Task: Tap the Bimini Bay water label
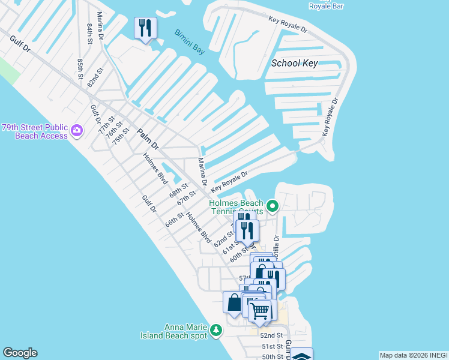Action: [190, 42]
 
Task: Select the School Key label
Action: [294, 63]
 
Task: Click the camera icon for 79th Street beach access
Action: [77, 130]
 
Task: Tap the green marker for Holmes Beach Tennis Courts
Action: [273, 207]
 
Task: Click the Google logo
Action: [20, 353]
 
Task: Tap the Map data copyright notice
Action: [414, 355]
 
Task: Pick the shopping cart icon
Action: [259, 311]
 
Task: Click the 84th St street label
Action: [89, 35]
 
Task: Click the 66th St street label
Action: [174, 220]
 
